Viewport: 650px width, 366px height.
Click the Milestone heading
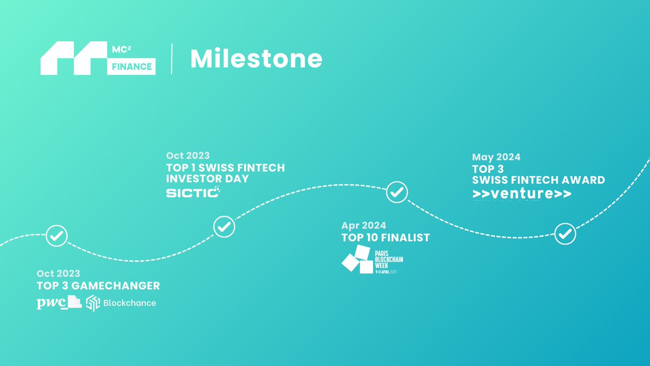pos(256,59)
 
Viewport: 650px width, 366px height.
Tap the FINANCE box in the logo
pos(132,67)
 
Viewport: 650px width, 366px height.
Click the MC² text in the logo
pos(121,49)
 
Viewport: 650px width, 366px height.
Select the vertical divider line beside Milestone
pos(172,59)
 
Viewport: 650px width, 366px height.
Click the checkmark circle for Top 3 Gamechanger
pos(56,236)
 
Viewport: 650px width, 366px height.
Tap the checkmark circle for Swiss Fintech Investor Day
pos(224,227)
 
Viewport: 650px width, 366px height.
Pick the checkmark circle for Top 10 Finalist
pos(397,192)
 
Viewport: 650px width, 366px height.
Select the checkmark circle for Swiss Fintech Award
pos(565,234)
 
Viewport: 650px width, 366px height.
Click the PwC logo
pos(59,303)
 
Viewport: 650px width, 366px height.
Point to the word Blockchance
pos(129,303)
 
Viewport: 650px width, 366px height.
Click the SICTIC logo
pos(193,192)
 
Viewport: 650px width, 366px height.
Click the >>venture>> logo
pos(522,194)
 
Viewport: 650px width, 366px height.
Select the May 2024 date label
pos(496,157)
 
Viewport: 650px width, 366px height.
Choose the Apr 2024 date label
pos(363,226)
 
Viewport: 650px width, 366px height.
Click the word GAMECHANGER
pos(115,286)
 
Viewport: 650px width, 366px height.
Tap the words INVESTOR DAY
pos(207,178)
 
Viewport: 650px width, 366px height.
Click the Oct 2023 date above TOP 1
pos(188,156)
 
